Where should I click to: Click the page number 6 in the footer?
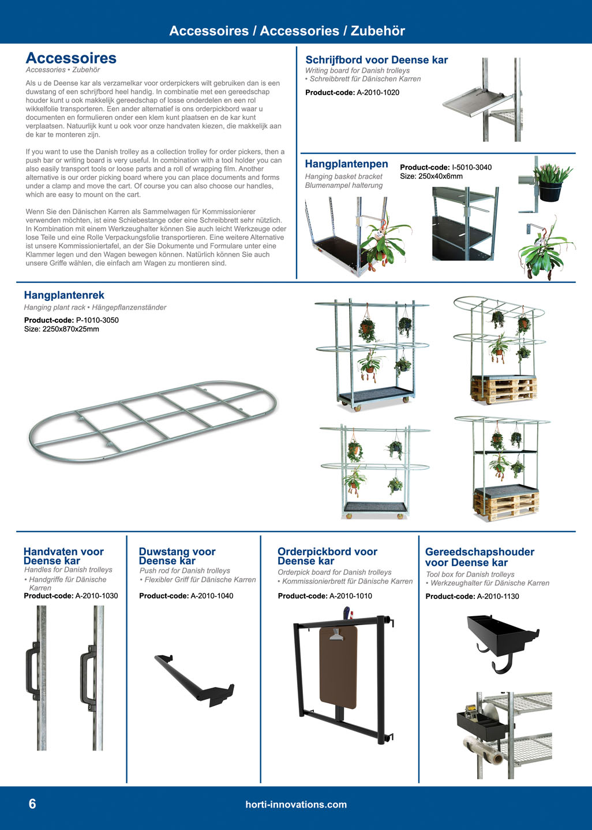coord(32,804)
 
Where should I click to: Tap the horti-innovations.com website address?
coord(296,805)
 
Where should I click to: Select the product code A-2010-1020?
coord(378,92)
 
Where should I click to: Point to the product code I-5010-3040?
coord(471,167)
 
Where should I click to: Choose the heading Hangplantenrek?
coord(64,295)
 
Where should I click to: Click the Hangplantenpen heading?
coord(346,164)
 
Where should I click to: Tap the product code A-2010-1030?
coord(96,595)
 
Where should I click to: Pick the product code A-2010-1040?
coord(212,595)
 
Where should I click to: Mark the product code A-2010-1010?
coord(350,595)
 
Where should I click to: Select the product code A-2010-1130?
coord(498,596)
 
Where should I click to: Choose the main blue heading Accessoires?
coord(71,58)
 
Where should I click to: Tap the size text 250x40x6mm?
coord(431,176)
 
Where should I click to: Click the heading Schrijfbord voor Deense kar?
coord(376,60)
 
